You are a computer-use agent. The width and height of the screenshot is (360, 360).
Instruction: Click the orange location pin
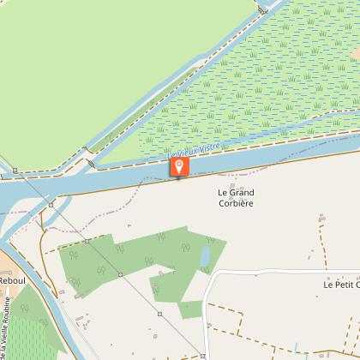(178, 165)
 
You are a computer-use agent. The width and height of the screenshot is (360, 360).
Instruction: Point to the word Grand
(242, 193)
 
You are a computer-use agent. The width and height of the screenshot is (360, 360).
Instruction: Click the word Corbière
(236, 205)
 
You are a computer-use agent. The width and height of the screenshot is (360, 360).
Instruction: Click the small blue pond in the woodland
(205, 258)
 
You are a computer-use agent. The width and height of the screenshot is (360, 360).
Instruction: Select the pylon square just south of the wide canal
(51, 205)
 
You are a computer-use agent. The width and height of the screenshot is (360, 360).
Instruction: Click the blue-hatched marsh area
(257, 86)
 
